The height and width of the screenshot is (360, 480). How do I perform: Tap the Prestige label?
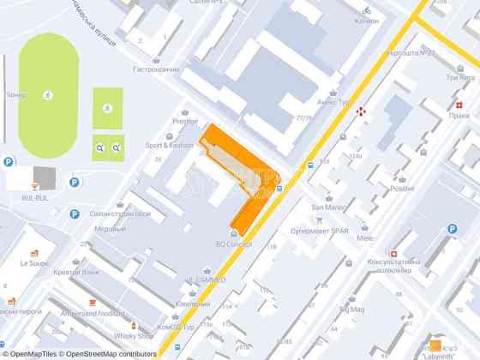pyautogui.click(x=184, y=121)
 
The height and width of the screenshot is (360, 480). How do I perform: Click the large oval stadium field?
pyautogui.click(x=48, y=95)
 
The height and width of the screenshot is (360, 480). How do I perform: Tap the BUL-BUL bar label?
pyautogui.click(x=34, y=197)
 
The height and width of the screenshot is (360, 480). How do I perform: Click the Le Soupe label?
pyautogui.click(x=34, y=263)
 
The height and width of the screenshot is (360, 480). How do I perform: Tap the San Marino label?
pyautogui.click(x=327, y=207)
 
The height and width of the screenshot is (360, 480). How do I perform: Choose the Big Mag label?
pyautogui.click(x=351, y=309)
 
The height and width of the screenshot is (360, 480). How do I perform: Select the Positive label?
pyautogui.click(x=402, y=189)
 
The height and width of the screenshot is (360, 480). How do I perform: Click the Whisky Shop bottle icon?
pyautogui.click(x=133, y=325)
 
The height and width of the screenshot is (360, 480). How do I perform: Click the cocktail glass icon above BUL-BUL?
pyautogui.click(x=34, y=185)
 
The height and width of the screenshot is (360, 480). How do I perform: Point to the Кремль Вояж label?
pyautogui.click(x=77, y=272)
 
